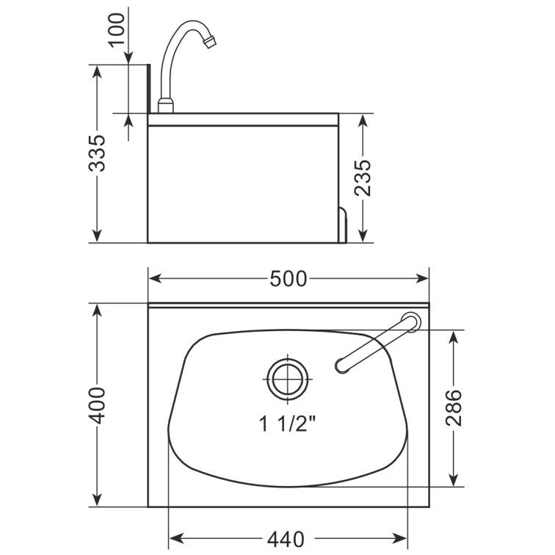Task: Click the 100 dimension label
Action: coord(117,29)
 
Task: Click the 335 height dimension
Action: coord(97,153)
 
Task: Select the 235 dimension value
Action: coord(363,178)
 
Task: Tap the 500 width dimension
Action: coord(288,279)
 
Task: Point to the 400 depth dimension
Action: coord(97,406)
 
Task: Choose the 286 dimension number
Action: coord(454,407)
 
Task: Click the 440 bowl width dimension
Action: coord(286,540)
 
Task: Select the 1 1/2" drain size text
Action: coord(288,424)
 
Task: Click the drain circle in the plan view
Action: coord(288,379)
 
